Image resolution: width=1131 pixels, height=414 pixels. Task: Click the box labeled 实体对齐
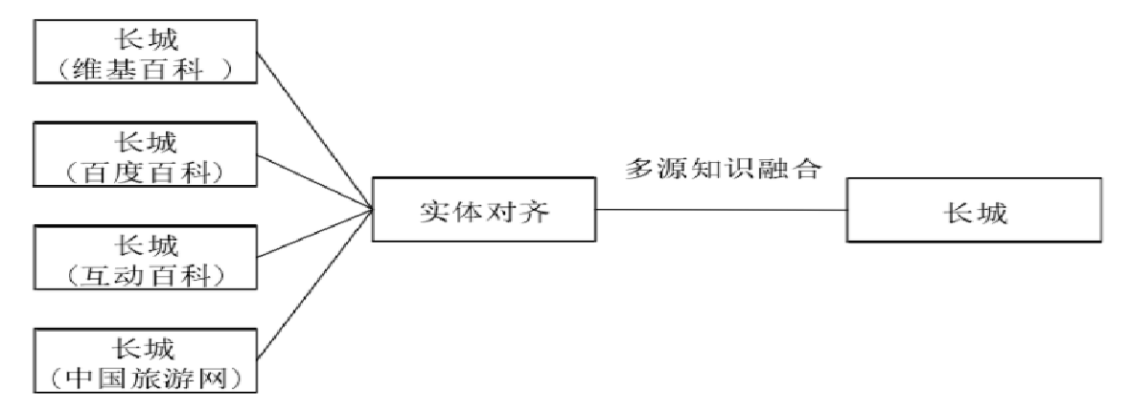click(484, 211)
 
